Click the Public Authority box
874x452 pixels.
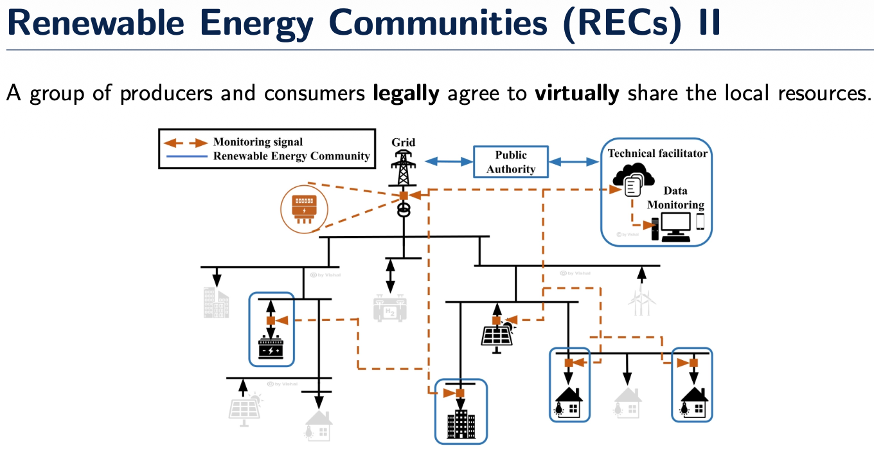click(x=511, y=162)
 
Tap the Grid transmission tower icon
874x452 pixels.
click(x=403, y=168)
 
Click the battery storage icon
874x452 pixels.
click(x=271, y=348)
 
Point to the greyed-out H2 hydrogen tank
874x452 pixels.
click(x=389, y=308)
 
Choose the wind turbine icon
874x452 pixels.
click(x=640, y=299)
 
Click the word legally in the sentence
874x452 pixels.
click(x=406, y=93)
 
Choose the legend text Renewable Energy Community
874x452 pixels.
click(x=291, y=156)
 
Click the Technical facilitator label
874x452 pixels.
click(x=657, y=153)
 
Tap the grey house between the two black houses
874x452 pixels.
click(x=628, y=402)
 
